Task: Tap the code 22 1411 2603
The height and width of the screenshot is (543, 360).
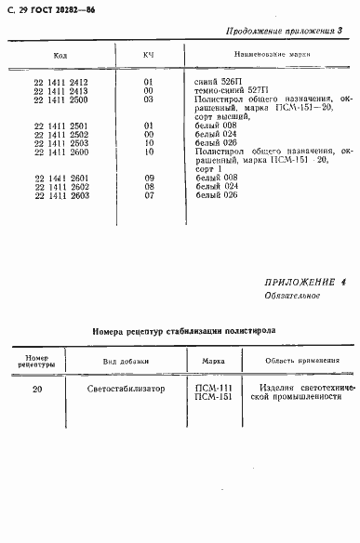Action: (60, 195)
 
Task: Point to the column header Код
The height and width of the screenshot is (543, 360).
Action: (60, 56)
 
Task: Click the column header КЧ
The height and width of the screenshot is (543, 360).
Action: (148, 56)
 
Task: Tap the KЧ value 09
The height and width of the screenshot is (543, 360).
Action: (148, 179)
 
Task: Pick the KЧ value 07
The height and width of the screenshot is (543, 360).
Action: (148, 195)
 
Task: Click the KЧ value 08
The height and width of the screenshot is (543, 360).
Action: (148, 187)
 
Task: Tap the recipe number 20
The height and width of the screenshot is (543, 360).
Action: (36, 390)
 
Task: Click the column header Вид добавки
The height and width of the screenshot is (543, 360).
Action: (119, 361)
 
